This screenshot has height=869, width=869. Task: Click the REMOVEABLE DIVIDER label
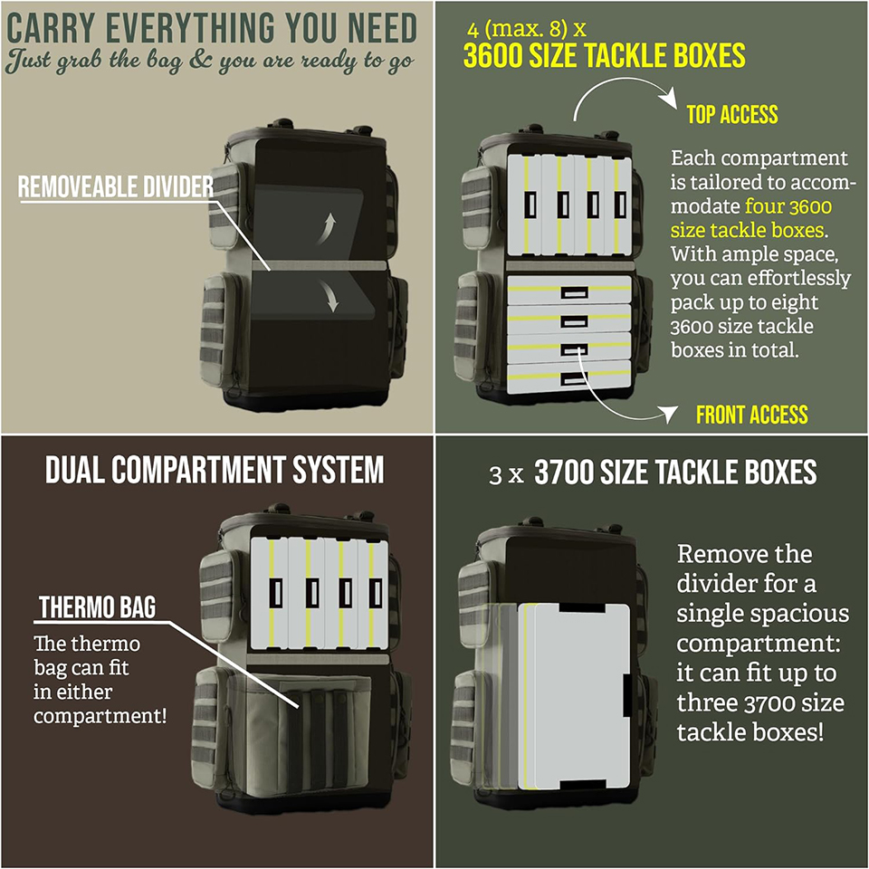point(115,186)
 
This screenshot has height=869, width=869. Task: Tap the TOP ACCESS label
point(732,114)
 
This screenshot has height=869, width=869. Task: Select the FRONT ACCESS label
point(751,415)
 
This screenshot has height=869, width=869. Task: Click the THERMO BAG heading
point(97,606)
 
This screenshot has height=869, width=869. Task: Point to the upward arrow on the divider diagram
point(327,228)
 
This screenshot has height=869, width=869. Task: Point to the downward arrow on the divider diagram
point(328,296)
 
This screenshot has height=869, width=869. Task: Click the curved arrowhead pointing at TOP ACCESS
point(668,98)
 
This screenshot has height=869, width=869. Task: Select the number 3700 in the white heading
point(564,473)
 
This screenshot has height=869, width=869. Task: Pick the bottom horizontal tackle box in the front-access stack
point(569,377)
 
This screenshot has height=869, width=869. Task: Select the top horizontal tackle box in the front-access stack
point(569,290)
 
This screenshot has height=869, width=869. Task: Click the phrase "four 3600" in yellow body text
point(788,206)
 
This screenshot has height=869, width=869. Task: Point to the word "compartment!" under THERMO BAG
point(100,715)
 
